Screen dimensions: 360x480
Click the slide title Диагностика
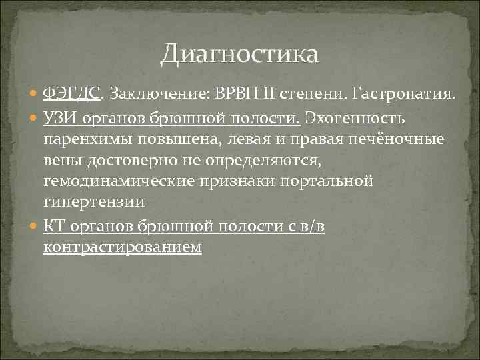point(239,53)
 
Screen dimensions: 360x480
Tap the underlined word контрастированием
point(122,247)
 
